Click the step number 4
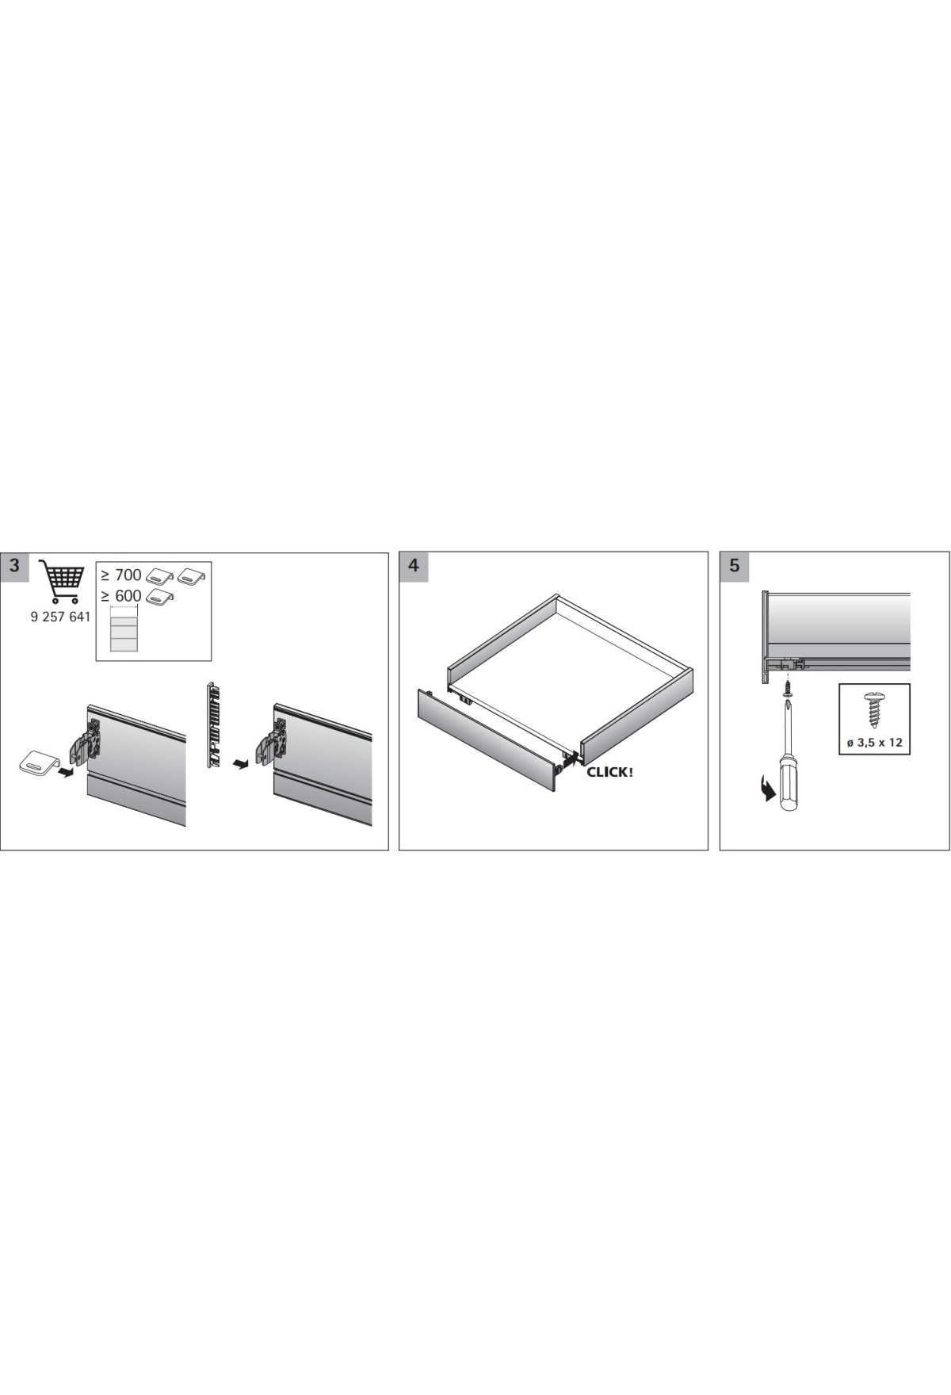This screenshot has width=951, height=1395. point(413,566)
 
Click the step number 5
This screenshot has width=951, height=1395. point(734,566)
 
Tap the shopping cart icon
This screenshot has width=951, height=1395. point(61,582)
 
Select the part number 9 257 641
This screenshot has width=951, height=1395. point(60,617)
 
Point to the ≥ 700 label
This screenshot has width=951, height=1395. point(121,575)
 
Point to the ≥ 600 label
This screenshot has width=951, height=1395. point(121,596)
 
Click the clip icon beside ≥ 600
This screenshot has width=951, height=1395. point(160,596)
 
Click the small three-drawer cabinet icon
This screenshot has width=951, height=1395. point(124,629)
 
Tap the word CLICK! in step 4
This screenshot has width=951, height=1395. point(609,772)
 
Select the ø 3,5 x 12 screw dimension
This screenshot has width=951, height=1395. point(874,743)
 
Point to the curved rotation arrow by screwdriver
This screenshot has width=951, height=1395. point(765,790)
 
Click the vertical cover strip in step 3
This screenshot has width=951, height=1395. point(212,724)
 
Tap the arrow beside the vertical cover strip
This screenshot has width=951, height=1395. point(239,764)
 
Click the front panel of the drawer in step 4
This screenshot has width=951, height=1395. point(488,738)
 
